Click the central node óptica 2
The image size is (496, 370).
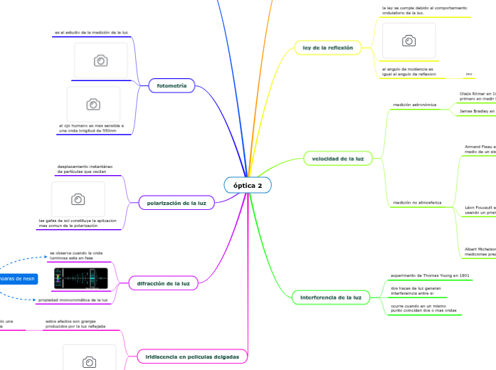coord(248,186)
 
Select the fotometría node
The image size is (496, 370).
coord(171,85)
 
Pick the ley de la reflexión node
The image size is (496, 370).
coord(327,48)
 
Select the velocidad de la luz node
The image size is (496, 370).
coord(338,158)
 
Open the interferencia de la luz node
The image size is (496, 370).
coord(330,297)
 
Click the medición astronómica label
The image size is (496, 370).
coord(414,105)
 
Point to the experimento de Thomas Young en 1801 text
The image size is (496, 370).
coord(430,275)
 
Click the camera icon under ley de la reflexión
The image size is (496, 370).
coord(409,41)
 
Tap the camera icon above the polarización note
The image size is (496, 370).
coord(78,199)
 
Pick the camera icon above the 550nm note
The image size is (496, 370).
coord(93,105)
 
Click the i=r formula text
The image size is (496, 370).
coord(469,74)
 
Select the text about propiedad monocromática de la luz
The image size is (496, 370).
coord(73,300)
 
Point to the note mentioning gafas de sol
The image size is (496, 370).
coord(78,223)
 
